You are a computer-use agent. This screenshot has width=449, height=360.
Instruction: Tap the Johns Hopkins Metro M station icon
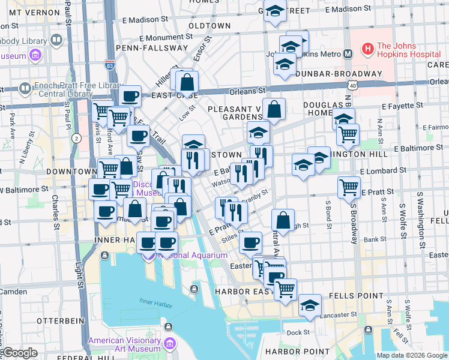(348, 53)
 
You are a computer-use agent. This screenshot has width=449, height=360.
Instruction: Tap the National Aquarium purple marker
(149, 256)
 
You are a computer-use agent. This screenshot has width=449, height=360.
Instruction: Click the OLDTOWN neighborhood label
(209, 26)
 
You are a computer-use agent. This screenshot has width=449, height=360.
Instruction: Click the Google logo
(19, 353)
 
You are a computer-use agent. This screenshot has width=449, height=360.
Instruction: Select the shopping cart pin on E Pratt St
(349, 187)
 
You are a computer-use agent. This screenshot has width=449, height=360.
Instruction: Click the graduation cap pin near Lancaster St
(310, 305)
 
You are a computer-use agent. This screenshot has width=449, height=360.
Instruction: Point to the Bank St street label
(375, 239)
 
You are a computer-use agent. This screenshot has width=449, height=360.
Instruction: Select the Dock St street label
(298, 332)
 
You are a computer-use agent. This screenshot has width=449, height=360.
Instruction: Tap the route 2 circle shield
(76, 138)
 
